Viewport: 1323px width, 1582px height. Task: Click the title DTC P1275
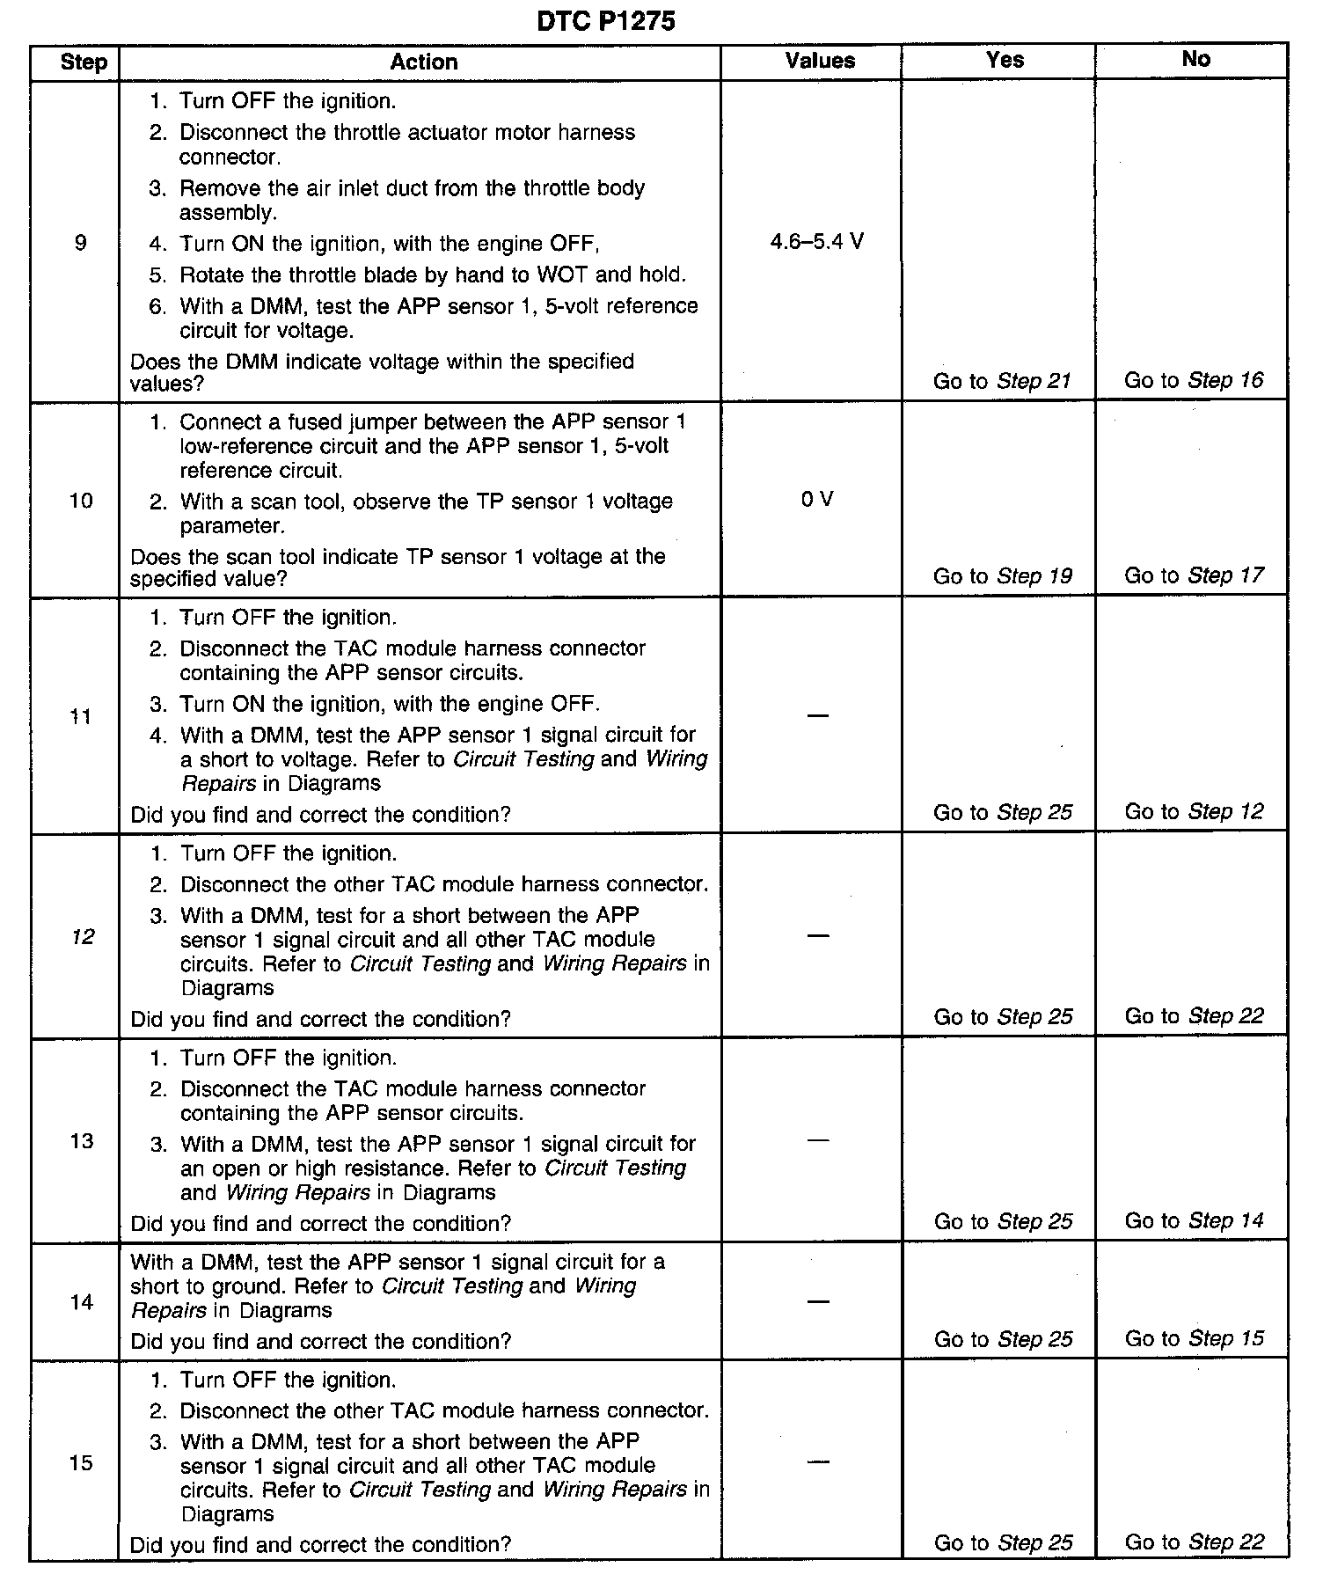coord(605,20)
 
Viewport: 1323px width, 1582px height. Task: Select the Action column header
coord(423,62)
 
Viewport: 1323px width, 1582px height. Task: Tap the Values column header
coord(820,61)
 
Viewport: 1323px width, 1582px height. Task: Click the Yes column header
coord(1005,60)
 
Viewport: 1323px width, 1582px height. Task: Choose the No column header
coord(1195,59)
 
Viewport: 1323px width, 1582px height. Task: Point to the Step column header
coord(84,62)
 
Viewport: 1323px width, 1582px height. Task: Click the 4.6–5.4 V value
coord(816,241)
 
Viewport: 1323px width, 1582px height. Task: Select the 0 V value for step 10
coord(816,499)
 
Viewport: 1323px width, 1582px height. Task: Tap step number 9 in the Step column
coord(81,243)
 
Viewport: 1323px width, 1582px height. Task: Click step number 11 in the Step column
coord(81,716)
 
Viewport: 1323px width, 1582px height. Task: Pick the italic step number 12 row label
coord(82,937)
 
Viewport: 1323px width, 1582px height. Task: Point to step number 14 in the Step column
coord(81,1302)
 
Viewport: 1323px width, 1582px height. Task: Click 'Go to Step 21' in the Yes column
coord(1002,381)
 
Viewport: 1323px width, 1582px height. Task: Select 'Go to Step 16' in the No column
coord(1194,380)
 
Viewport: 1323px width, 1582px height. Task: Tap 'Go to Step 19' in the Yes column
coord(1002,576)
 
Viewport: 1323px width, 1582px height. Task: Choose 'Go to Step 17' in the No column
coord(1194,575)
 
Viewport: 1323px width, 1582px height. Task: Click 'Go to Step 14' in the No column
coord(1194,1220)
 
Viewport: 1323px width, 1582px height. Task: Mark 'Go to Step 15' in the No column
coord(1194,1338)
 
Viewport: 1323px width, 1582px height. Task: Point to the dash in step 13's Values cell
coord(817,1139)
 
